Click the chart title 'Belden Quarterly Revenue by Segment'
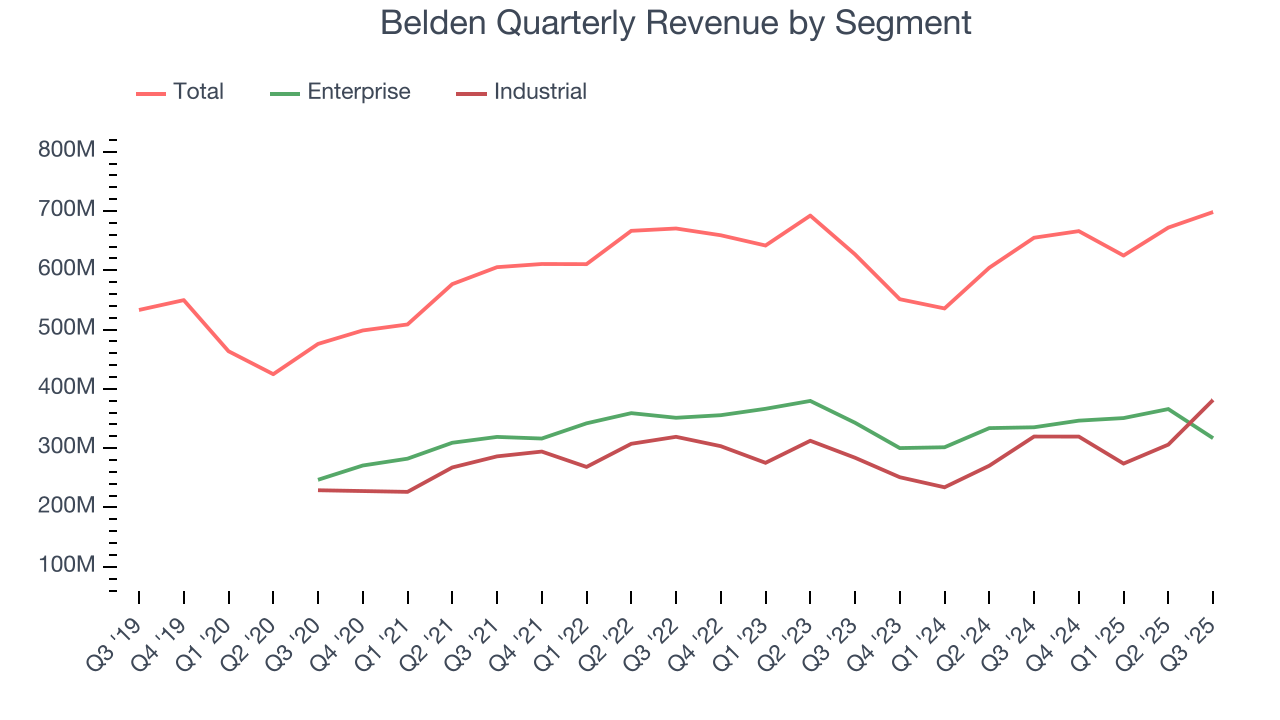[676, 22]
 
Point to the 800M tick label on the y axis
[68, 151]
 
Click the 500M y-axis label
[68, 329]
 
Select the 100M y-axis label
[68, 566]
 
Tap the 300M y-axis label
[68, 447]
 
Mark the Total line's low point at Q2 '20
[273, 374]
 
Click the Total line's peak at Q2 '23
[810, 215]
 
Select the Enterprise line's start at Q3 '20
[318, 480]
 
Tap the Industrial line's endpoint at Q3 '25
[1213, 400]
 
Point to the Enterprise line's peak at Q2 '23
[810, 401]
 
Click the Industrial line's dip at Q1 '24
[944, 487]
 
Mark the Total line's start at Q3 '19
[139, 310]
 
